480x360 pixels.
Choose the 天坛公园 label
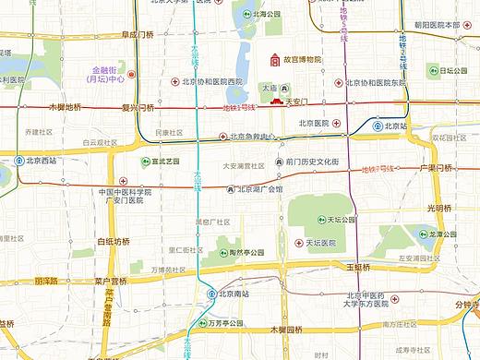[x=340, y=221]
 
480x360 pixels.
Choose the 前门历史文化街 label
[x=318, y=161]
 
